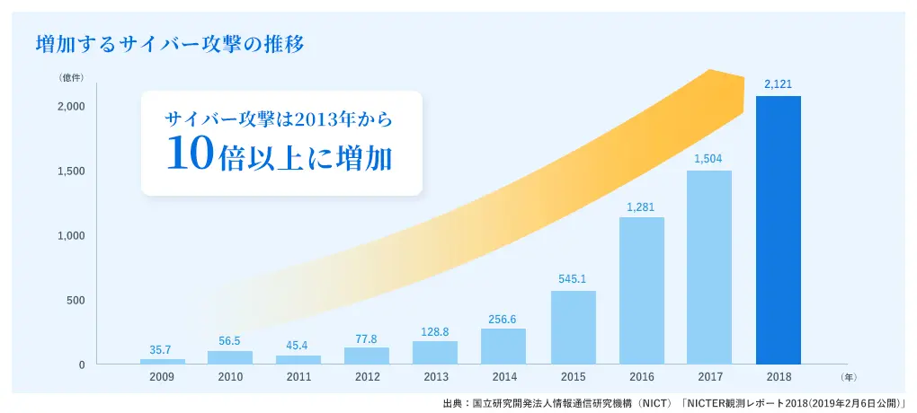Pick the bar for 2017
[708, 267]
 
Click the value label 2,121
[778, 83]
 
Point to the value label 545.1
[573, 278]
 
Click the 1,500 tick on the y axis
[70, 171]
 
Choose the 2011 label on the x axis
[299, 377]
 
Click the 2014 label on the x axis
[504, 377]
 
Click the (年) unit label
[850, 378]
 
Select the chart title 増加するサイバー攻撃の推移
[172, 43]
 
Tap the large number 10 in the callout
[190, 154]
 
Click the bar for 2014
[504, 346]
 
